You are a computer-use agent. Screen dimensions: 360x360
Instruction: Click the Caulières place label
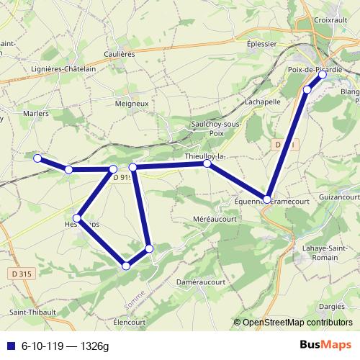tap(119, 54)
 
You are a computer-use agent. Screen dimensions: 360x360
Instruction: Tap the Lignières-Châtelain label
tap(64, 68)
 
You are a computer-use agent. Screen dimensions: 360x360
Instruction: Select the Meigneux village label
tap(131, 103)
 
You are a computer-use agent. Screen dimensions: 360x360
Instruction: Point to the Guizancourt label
tap(338, 196)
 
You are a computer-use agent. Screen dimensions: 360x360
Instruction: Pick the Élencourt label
tap(130, 322)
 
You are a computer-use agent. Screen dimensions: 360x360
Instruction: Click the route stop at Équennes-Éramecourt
tap(267, 199)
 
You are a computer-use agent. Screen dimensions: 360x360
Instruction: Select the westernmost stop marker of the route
tap(37, 158)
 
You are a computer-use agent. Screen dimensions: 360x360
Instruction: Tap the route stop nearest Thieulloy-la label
tap(207, 164)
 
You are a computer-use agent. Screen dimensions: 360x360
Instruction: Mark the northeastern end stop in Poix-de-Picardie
tap(322, 75)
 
